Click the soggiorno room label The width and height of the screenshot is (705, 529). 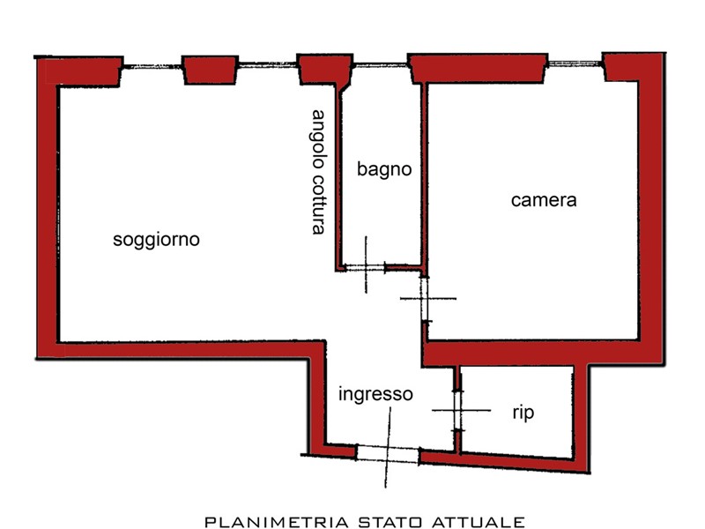157,239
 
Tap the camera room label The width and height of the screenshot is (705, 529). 544,200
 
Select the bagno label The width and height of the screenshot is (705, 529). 384,169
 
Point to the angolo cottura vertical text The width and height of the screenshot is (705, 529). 319,172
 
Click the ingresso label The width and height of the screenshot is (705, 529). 375,394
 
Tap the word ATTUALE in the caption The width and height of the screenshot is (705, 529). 482,521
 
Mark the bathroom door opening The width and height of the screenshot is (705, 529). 365,267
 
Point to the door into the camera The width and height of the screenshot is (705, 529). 426,299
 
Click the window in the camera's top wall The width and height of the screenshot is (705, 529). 575,63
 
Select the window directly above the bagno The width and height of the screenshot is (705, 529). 381,63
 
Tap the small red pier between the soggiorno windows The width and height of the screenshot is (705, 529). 211,71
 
